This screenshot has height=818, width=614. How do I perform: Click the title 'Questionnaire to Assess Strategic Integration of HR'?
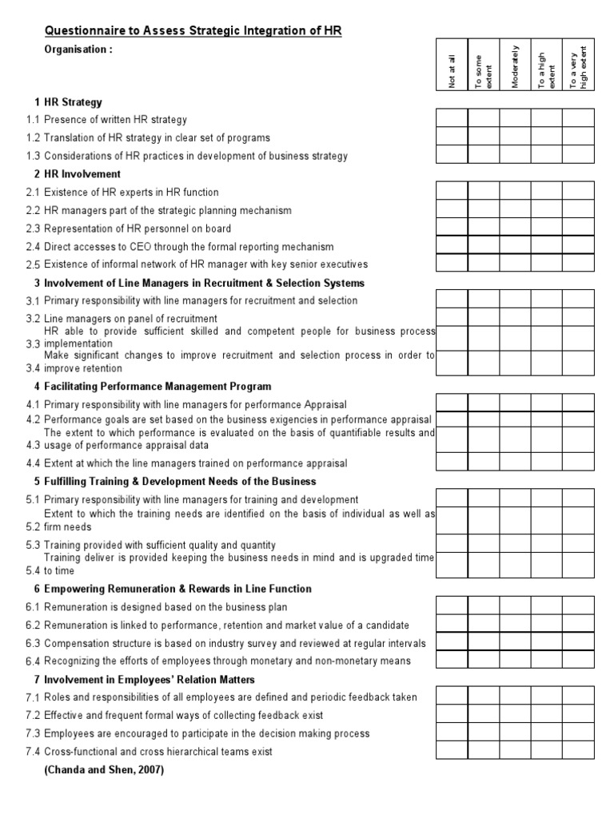[193, 30]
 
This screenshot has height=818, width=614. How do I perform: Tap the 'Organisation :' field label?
[78, 49]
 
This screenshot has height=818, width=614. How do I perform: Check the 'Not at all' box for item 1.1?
[452, 119]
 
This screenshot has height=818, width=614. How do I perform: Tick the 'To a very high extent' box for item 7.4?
[578, 749]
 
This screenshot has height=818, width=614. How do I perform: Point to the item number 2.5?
[32, 264]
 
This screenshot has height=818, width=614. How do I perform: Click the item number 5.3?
[32, 545]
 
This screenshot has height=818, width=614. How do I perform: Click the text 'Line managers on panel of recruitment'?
[132, 318]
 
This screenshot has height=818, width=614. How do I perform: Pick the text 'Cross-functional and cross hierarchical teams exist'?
[158, 752]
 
